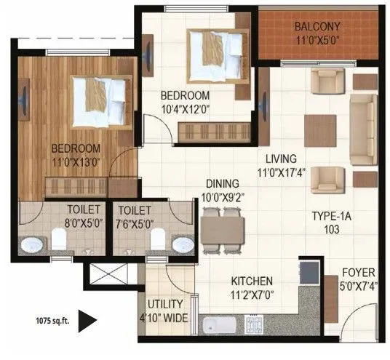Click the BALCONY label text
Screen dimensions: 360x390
pos(319,28)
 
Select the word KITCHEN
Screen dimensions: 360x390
pos(252,281)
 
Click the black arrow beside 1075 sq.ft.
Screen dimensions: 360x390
pos(87,319)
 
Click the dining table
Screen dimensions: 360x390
pos(220,231)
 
